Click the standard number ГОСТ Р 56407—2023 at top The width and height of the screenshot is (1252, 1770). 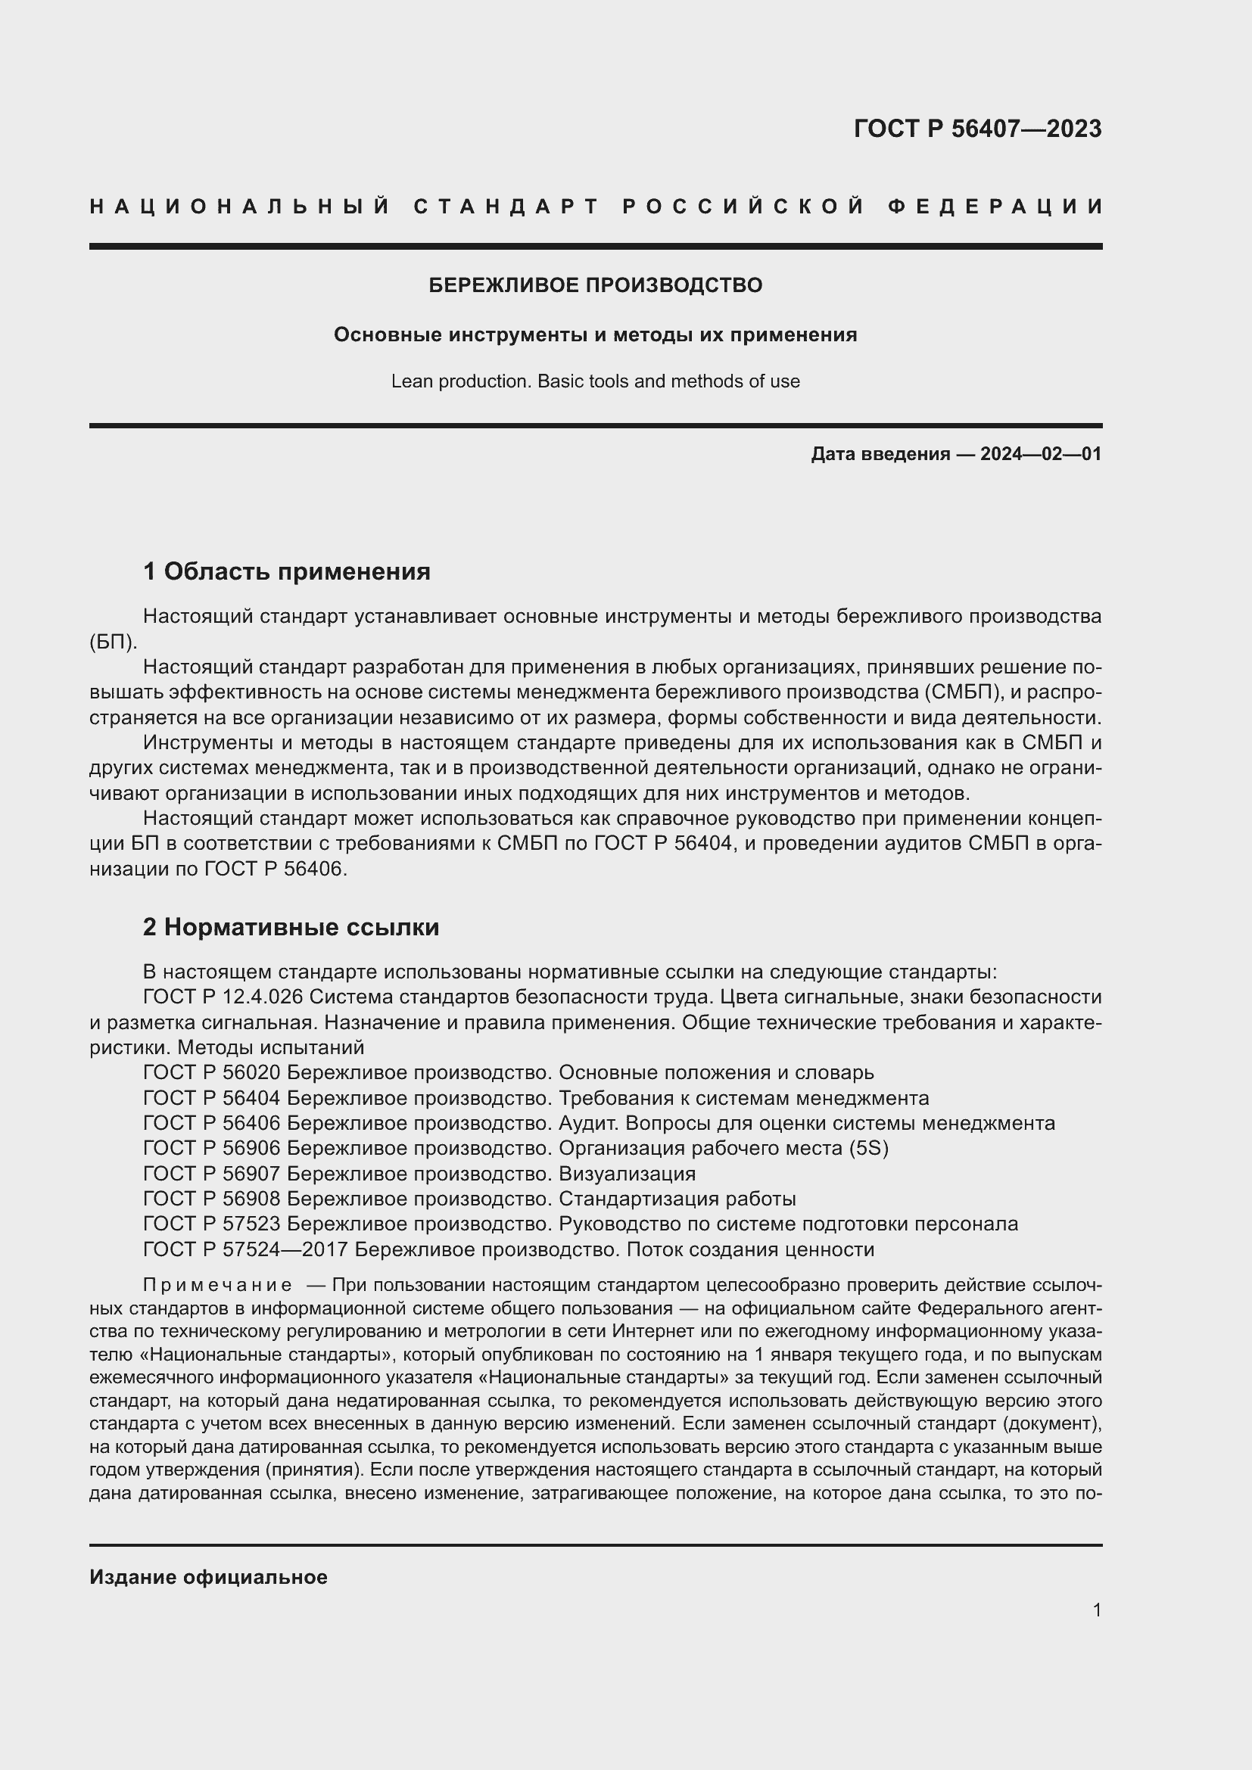[x=976, y=129]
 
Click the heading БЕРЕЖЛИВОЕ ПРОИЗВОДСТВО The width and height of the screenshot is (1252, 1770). [x=595, y=285]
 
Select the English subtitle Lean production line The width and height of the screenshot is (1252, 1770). [x=595, y=381]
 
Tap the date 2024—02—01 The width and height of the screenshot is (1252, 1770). [x=1040, y=454]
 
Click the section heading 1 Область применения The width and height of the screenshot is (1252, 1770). [x=286, y=571]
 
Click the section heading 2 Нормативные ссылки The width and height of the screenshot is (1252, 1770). [x=291, y=928]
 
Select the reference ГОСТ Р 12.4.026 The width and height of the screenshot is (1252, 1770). [x=223, y=997]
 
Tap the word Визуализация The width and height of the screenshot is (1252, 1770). [x=626, y=1174]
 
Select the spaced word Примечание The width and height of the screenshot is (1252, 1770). [x=217, y=1285]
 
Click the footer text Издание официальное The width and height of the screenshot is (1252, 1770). [x=208, y=1577]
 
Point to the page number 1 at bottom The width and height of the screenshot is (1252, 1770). [x=1096, y=1610]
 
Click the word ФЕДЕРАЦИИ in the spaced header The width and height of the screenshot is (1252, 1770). [x=995, y=207]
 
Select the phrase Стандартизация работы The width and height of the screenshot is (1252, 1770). [x=676, y=1199]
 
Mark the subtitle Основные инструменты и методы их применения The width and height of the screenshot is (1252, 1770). [x=595, y=335]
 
